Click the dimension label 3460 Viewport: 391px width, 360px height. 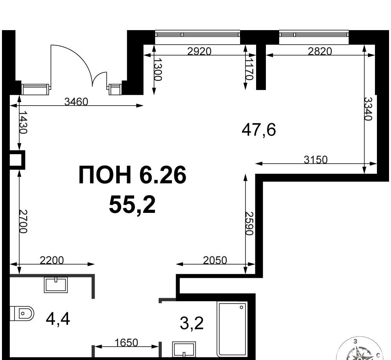click(x=76, y=101)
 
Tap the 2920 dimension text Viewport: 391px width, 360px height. click(x=199, y=51)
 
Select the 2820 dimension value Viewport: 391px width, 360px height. click(x=320, y=51)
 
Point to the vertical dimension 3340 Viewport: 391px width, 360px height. click(x=368, y=108)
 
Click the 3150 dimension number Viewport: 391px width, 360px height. click(x=316, y=159)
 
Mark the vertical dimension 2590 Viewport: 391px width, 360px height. click(x=249, y=223)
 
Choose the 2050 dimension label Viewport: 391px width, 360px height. click(x=215, y=260)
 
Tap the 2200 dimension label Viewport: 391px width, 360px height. click(x=52, y=260)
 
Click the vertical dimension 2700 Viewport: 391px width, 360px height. click(x=23, y=221)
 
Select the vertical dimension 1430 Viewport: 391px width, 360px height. click(x=23, y=122)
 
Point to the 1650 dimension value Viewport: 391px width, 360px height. click(x=126, y=342)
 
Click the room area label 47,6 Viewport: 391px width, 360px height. click(x=259, y=130)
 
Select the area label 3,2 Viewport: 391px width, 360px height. click(x=192, y=323)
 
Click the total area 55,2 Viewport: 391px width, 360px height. click(x=132, y=205)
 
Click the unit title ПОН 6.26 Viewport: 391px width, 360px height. click(x=133, y=175)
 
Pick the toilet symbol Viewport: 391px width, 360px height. click(x=22, y=313)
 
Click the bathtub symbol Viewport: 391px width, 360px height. click(x=232, y=330)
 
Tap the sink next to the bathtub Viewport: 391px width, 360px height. click(x=184, y=350)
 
